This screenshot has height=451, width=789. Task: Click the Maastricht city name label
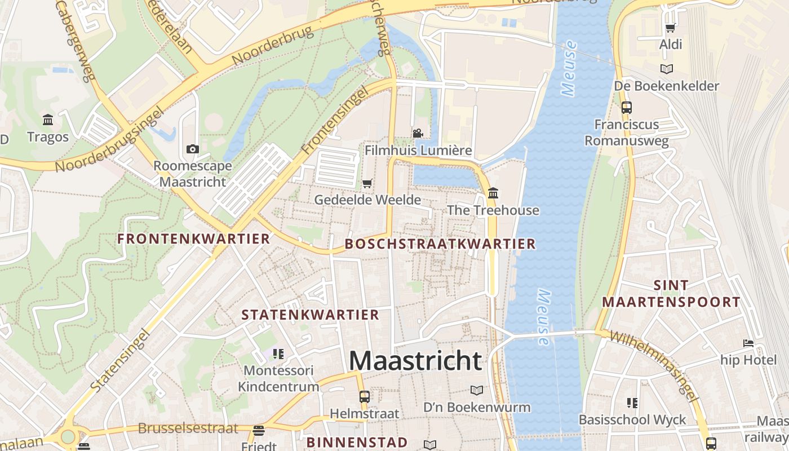click(x=415, y=361)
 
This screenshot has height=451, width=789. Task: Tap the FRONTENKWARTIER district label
click(x=194, y=239)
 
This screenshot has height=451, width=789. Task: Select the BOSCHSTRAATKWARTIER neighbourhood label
click(x=440, y=244)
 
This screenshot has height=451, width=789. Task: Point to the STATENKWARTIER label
click(x=311, y=315)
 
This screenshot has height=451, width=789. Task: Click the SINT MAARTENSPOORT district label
click(x=671, y=294)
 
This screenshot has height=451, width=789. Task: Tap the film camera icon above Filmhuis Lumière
click(x=418, y=134)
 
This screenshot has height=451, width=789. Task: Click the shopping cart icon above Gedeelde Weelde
click(x=367, y=183)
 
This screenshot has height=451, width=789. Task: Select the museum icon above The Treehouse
click(x=493, y=193)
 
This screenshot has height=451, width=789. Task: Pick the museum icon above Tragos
click(x=48, y=120)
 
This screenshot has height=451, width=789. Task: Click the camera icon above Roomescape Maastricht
click(x=193, y=149)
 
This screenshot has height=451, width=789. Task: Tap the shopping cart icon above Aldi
click(x=671, y=28)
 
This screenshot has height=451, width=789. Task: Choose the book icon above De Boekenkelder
click(x=667, y=69)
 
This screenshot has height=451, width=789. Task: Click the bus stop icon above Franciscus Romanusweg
click(x=626, y=107)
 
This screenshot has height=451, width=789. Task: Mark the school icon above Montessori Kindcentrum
click(x=278, y=354)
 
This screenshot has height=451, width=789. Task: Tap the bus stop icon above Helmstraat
click(x=365, y=396)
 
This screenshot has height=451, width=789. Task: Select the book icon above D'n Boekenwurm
click(x=477, y=390)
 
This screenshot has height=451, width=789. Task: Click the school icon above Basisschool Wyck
click(x=632, y=403)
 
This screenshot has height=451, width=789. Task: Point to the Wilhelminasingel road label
click(x=654, y=366)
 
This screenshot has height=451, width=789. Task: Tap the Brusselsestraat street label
click(x=188, y=428)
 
